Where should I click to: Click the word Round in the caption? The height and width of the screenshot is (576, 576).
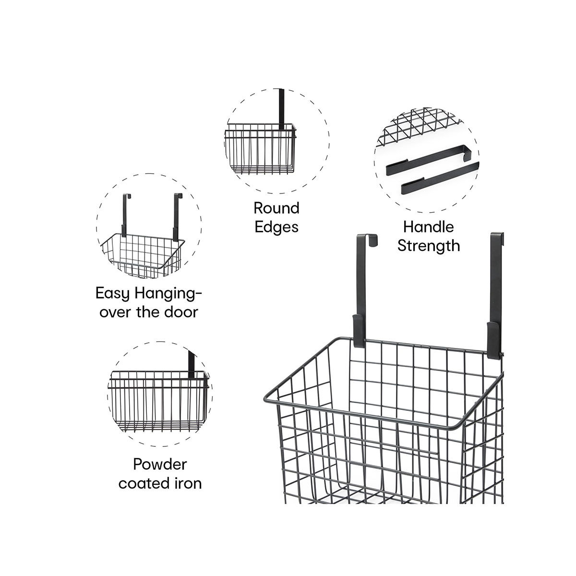[276, 208]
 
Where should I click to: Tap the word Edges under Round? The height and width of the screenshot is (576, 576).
[276, 227]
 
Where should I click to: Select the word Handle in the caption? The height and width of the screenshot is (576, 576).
[428, 227]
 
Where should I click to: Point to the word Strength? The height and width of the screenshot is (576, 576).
[428, 246]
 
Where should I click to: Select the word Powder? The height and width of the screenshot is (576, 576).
[160, 464]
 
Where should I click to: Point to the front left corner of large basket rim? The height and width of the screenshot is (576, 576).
[265, 399]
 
